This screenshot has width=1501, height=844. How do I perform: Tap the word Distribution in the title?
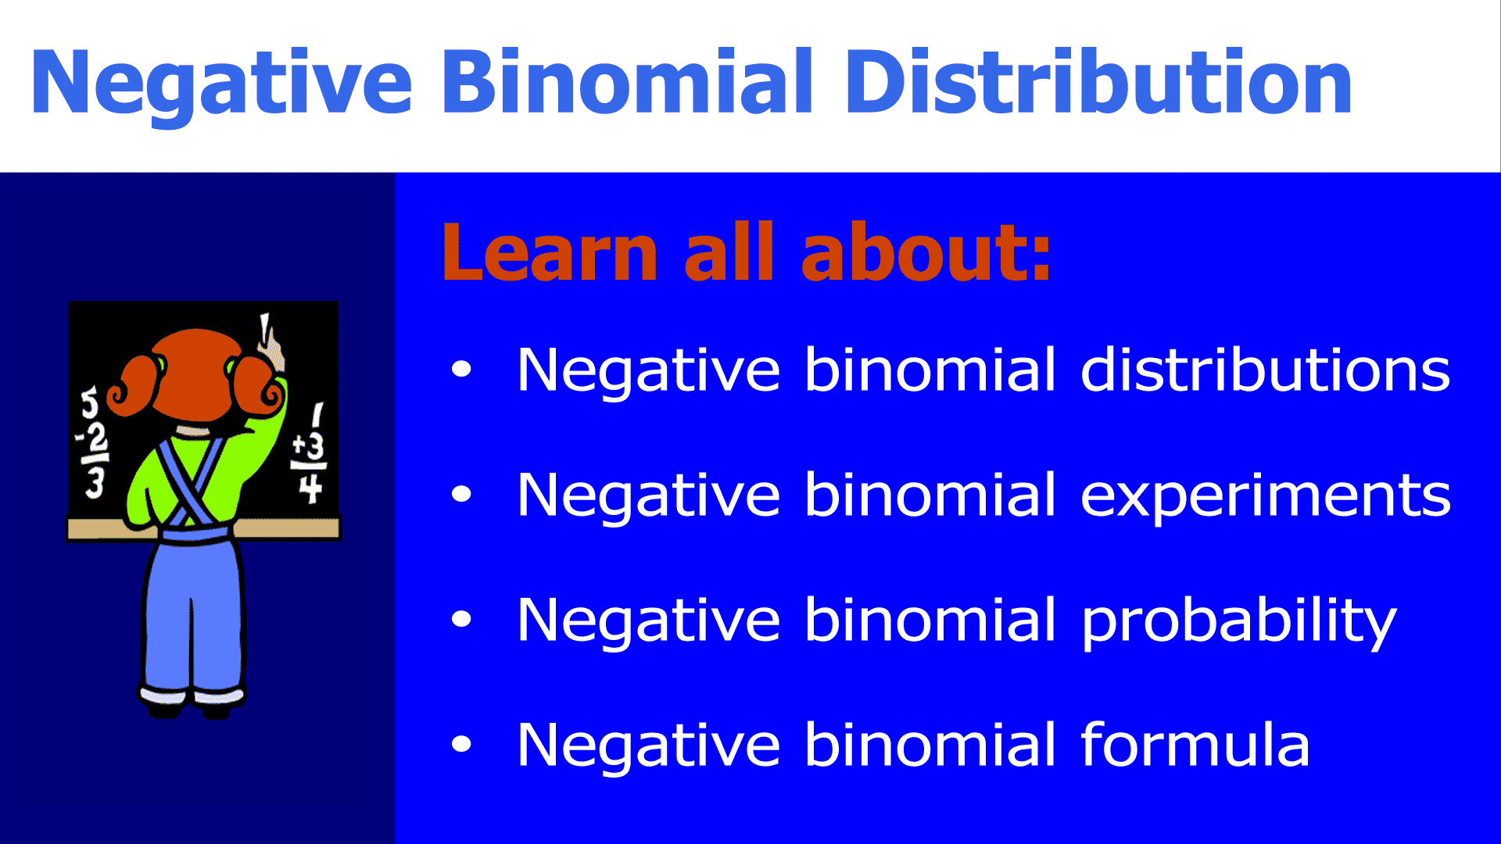pos(1098,81)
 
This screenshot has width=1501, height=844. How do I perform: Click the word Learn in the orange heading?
pos(550,252)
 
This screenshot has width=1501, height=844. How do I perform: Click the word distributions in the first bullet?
pos(1265,370)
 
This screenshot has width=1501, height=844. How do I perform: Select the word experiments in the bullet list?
pos(1265,498)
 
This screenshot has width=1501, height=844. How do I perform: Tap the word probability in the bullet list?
pos(1238,622)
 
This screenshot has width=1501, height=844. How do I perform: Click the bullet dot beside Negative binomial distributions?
pos(461,369)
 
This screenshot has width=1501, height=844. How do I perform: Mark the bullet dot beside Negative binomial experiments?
pos(461,494)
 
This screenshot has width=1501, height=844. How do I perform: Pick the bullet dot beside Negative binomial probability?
pos(461,619)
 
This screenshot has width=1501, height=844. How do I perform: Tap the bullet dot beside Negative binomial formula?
pos(461,744)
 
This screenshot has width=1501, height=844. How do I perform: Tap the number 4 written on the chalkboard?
pos(310,488)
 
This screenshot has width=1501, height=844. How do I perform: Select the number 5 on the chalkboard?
pos(91,402)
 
